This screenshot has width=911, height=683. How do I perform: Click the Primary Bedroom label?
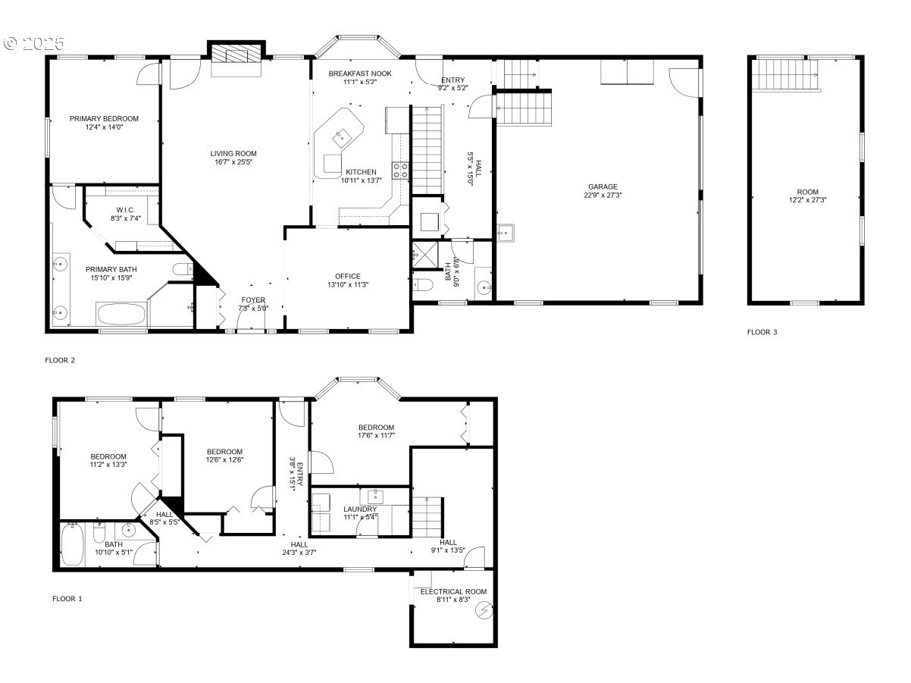tap(104, 118)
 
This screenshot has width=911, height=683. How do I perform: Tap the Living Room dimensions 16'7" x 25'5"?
tap(233, 162)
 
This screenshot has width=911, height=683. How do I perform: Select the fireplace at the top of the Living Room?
tap(236, 54)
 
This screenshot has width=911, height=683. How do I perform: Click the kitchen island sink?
tap(341, 136)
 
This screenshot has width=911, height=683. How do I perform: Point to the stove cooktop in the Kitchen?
tap(400, 169)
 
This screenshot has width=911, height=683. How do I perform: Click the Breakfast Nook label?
tap(359, 73)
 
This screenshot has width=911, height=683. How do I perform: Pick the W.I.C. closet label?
tap(126, 210)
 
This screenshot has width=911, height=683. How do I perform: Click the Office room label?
tap(348, 276)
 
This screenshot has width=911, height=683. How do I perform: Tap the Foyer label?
tap(253, 300)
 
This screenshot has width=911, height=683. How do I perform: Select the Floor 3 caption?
tap(762, 332)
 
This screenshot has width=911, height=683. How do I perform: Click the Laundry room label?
tap(359, 509)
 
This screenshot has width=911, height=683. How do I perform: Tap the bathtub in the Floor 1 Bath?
tap(72, 546)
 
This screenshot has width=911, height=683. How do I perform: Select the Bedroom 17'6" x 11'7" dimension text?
tap(376, 436)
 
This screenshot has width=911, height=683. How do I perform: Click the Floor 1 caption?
tap(67, 599)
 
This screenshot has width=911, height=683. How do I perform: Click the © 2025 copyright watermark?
tap(35, 43)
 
